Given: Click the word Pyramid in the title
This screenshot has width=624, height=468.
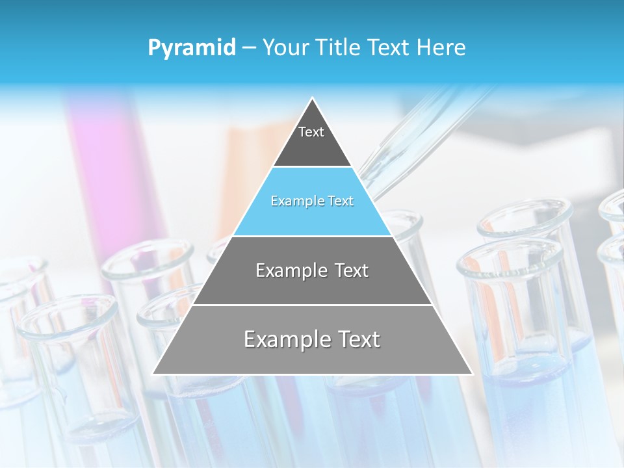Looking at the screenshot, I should tap(191, 48).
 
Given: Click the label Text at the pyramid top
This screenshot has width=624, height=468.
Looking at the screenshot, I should tap(311, 132).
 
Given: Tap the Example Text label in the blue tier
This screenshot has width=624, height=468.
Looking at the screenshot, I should tap(312, 201).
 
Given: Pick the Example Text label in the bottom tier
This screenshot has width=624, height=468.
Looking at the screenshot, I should tap(312, 339).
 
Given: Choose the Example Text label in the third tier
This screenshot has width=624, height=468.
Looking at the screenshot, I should tap(312, 270).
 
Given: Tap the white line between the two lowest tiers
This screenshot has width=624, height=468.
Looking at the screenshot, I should tap(312, 305).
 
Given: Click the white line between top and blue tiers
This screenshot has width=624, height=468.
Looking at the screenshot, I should tap(312, 167).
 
